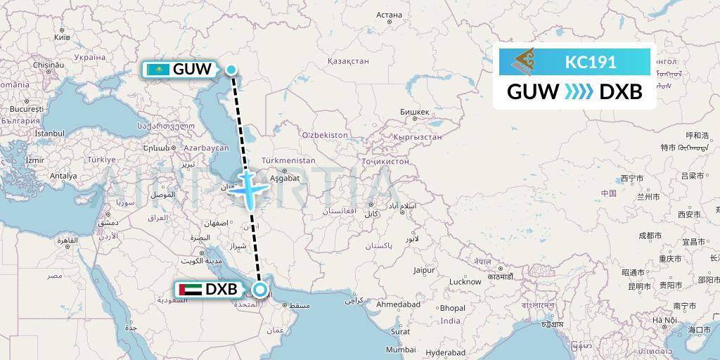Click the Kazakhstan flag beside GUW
point(158,70)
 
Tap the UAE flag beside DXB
point(191,289)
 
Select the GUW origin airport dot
point(231,69)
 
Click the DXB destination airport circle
point(260,289)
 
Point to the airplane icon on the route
point(250,188)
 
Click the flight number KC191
point(591,62)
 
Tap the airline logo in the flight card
point(527,62)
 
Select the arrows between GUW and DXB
point(579,91)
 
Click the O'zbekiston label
point(324,134)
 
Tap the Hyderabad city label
point(446,352)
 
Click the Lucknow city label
point(465,281)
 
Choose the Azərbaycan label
point(206,148)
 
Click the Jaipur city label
point(423,269)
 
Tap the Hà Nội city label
point(664,320)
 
